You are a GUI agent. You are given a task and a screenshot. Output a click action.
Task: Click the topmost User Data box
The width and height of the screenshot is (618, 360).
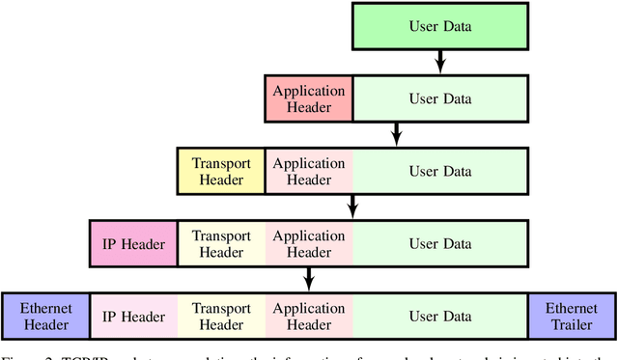(440, 26)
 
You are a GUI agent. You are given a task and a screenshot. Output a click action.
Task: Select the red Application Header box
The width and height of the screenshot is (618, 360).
(309, 98)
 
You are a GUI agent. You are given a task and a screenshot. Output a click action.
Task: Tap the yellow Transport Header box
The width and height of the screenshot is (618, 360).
(221, 171)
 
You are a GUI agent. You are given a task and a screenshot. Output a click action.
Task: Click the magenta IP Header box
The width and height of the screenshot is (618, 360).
(132, 243)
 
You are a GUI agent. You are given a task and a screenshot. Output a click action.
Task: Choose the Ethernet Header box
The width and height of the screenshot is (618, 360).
(45, 316)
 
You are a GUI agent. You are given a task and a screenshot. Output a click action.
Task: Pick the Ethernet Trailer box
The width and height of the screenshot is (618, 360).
(573, 316)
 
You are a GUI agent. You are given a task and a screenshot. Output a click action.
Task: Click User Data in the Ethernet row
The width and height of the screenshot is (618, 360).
(440, 316)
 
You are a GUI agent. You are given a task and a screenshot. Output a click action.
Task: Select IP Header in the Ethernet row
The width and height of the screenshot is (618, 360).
(132, 316)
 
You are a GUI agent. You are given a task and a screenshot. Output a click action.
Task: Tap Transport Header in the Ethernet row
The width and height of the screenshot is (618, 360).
(221, 316)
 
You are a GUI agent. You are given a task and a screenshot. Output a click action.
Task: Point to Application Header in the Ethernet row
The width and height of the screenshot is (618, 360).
(309, 316)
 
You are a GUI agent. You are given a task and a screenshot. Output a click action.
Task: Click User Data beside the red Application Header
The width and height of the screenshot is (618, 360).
(440, 98)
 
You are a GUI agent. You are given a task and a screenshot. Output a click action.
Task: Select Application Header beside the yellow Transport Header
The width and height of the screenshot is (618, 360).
(309, 171)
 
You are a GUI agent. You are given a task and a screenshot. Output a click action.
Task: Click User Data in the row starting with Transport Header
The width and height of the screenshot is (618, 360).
(440, 171)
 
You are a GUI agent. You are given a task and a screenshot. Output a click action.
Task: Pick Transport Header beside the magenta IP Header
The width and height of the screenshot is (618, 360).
(221, 243)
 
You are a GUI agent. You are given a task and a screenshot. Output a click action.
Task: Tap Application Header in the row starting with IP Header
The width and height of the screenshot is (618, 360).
(309, 243)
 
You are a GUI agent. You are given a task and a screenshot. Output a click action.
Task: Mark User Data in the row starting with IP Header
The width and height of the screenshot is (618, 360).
(440, 243)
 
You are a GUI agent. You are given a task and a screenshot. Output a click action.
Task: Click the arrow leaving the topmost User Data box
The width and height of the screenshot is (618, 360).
(440, 62)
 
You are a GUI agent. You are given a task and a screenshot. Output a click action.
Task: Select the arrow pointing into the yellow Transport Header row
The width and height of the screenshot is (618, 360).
(397, 134)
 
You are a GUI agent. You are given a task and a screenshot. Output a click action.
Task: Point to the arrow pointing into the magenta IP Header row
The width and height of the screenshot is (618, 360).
(353, 207)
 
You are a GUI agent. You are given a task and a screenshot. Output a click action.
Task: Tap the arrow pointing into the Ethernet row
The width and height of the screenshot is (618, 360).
(309, 279)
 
